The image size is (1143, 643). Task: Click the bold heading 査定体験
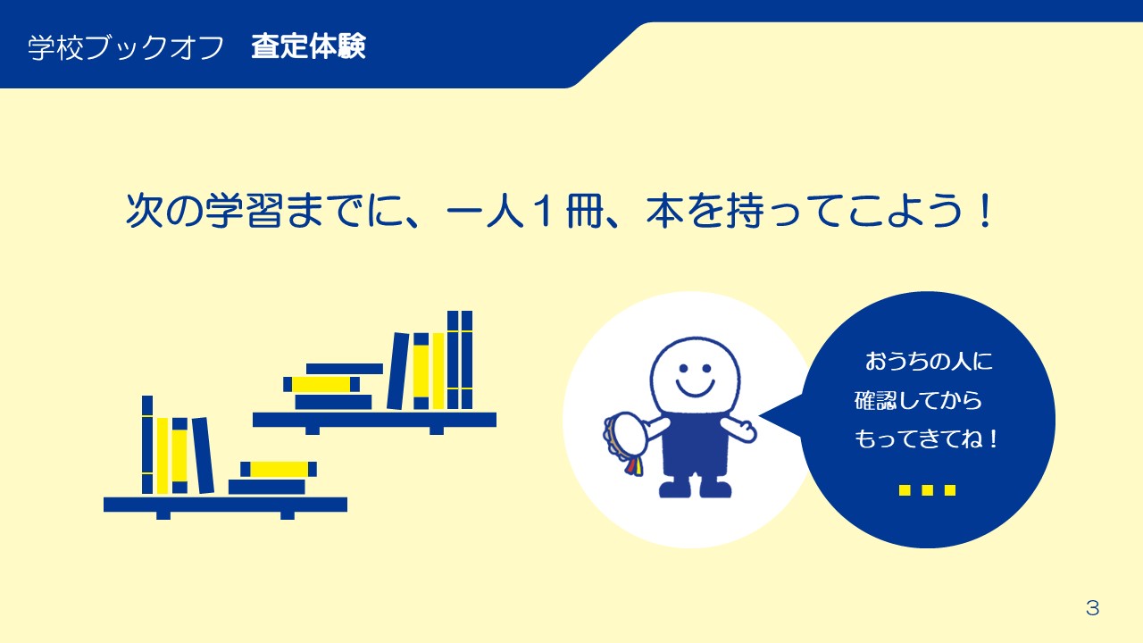coord(309,47)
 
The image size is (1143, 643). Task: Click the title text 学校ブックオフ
coord(126,48)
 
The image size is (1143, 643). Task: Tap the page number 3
coord(1092,608)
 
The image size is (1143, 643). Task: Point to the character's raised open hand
coord(742,430)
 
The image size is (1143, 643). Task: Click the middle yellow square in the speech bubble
coord(928,490)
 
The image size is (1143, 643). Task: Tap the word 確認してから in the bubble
coord(919,401)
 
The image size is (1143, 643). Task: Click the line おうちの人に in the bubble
coord(929,362)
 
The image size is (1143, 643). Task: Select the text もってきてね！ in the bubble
coord(926,438)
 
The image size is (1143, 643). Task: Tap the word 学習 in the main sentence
coord(244,210)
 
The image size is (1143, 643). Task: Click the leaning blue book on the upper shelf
coord(398,371)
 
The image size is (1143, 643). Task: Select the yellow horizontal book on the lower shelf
coord(279,469)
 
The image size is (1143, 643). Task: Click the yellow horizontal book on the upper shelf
coord(321,384)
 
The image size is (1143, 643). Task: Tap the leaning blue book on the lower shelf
coord(203,455)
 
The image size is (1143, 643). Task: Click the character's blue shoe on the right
coord(715,489)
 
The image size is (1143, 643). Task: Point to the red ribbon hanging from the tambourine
coord(630,466)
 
